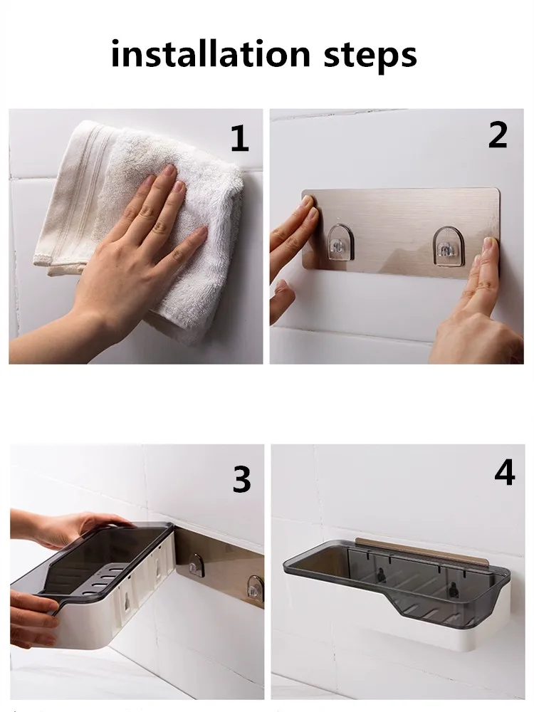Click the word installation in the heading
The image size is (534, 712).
click(x=210, y=53)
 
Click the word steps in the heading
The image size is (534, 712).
click(x=370, y=56)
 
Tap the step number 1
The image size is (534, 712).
click(x=240, y=139)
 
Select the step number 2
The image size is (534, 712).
click(x=498, y=135)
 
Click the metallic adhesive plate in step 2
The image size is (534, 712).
click(x=400, y=230)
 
